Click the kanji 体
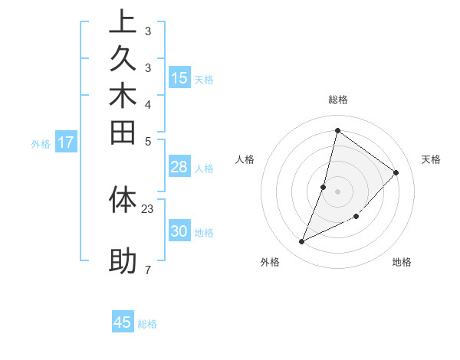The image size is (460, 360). [x=122, y=199]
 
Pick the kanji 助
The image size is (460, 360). [x=122, y=261]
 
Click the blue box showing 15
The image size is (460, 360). [x=179, y=77]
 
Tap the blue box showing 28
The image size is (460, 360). [x=179, y=167]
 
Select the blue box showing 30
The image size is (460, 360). [x=179, y=231]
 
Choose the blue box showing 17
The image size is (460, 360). [x=66, y=142]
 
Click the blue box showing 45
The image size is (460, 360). [x=123, y=322]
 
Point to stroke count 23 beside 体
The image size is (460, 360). [x=148, y=208]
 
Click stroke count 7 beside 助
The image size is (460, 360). [x=147, y=270]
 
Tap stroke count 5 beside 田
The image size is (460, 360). [x=147, y=141]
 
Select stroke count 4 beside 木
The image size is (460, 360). [x=147, y=104]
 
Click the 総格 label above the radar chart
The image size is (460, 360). [x=338, y=100]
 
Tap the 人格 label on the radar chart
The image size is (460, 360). [x=245, y=159]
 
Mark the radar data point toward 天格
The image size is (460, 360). [x=396, y=172]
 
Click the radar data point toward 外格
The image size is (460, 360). [x=302, y=242]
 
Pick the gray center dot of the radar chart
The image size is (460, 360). [x=338, y=191]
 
